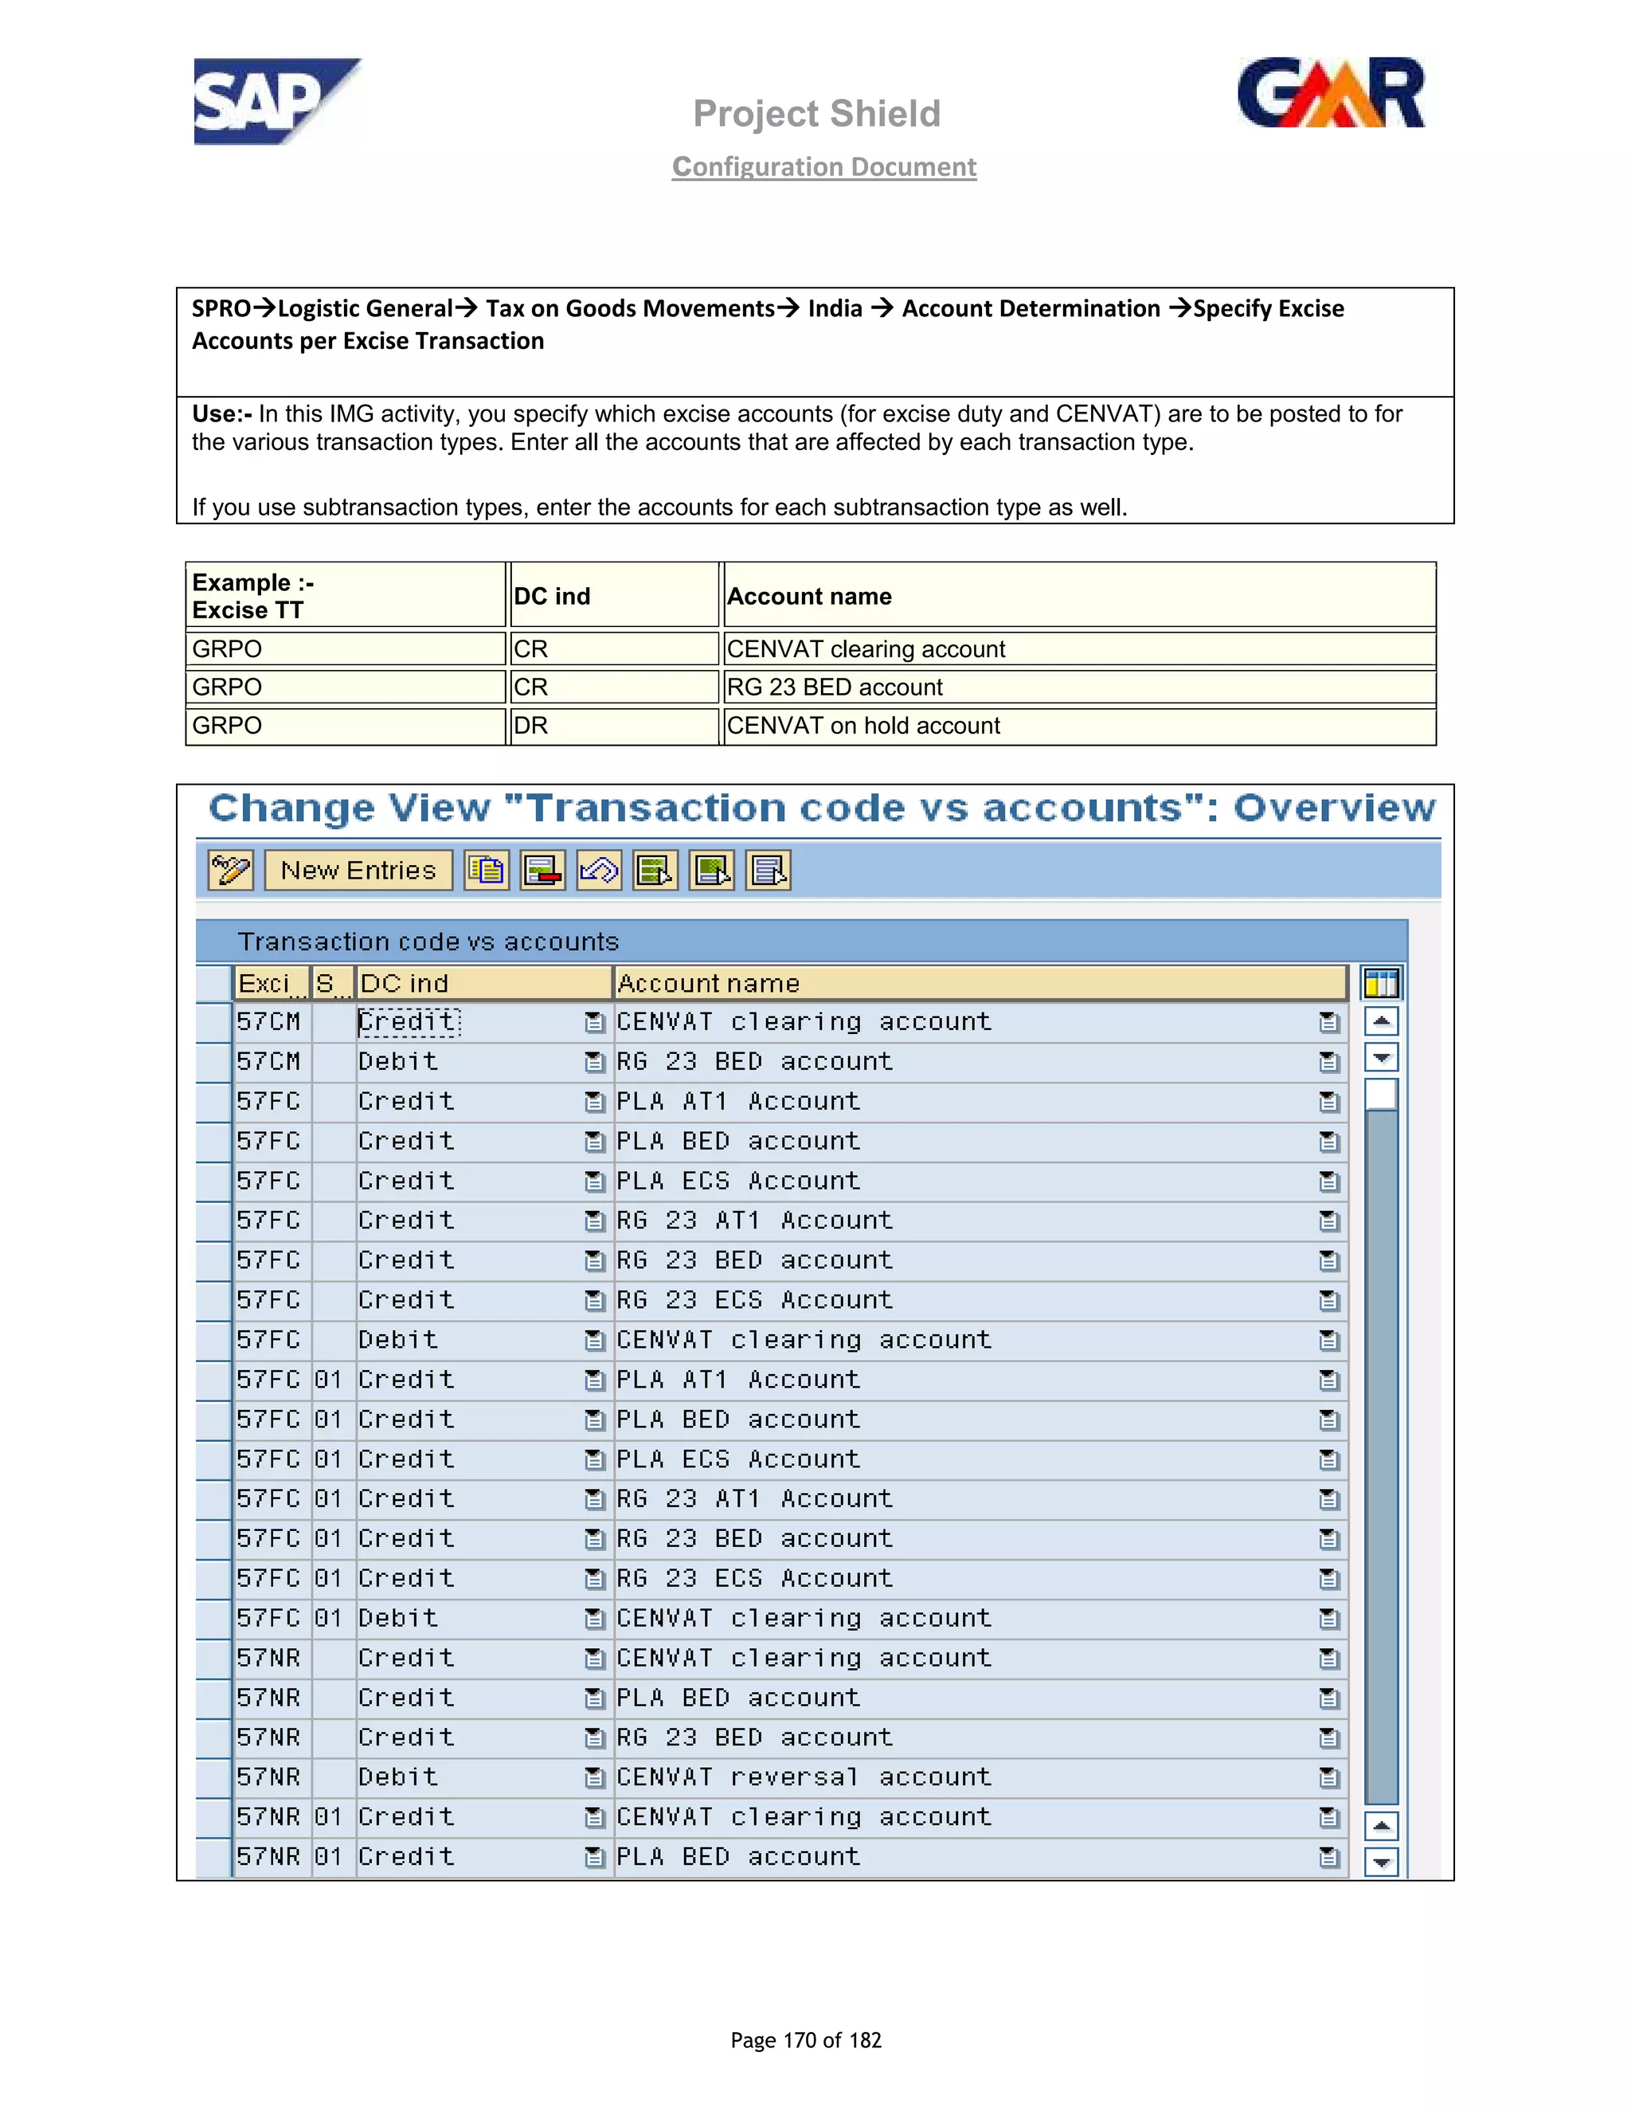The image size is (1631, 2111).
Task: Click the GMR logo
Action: click(x=1331, y=94)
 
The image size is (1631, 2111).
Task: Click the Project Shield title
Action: click(x=816, y=114)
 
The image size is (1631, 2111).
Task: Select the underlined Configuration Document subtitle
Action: click(x=824, y=167)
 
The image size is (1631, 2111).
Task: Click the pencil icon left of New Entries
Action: click(x=231, y=870)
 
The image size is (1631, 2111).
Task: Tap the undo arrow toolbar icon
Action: click(x=599, y=870)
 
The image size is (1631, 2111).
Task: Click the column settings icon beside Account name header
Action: click(x=1381, y=983)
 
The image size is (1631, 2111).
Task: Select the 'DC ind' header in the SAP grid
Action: click(x=405, y=983)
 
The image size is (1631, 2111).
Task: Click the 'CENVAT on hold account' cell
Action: click(x=862, y=726)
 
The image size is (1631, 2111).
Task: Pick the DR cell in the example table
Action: click(x=531, y=726)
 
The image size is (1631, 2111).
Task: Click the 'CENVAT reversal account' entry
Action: click(x=804, y=1776)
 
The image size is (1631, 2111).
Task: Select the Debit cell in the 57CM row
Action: click(x=398, y=1061)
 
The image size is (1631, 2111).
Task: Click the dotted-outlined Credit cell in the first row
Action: click(x=409, y=1022)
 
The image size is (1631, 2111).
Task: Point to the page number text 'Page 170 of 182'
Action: click(x=806, y=2039)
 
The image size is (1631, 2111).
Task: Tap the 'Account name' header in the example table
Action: click(x=810, y=597)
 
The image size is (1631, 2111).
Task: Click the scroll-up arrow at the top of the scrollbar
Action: click(x=1382, y=1020)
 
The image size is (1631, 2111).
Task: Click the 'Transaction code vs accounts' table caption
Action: click(x=428, y=942)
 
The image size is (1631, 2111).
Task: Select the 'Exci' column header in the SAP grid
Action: click(x=264, y=983)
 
